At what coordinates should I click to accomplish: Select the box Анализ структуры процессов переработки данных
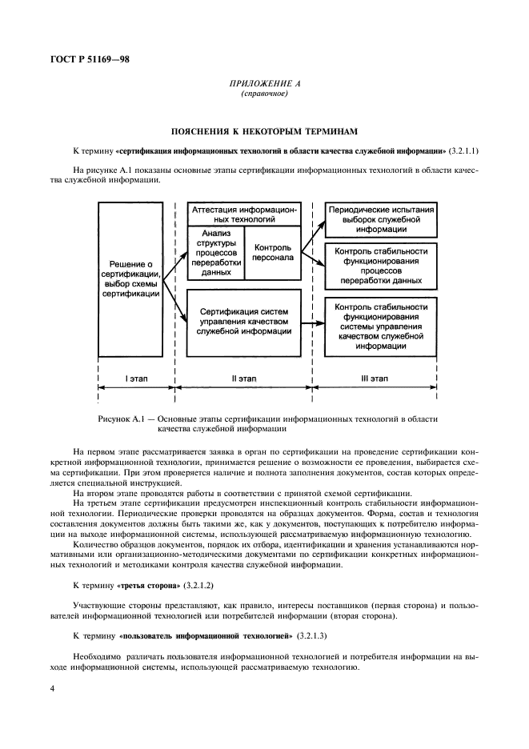coord(215,251)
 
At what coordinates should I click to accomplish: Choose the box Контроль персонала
coord(272,252)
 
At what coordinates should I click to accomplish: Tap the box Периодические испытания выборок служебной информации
coord(381,218)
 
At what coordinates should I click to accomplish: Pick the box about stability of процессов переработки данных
coord(381,266)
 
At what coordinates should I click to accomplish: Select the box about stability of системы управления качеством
coord(381,326)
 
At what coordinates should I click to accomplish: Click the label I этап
coord(137,377)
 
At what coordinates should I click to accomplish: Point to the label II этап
coord(243,377)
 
